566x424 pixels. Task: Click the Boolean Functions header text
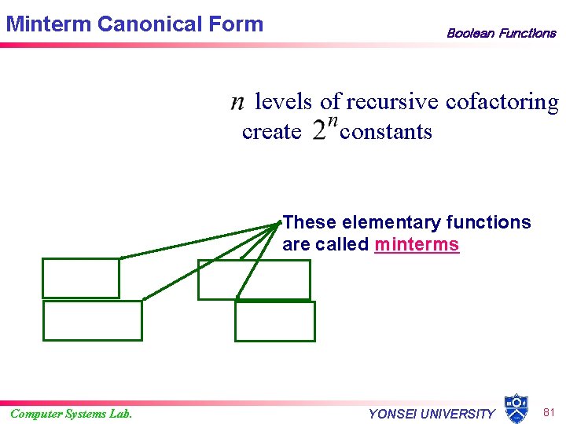tap(501, 33)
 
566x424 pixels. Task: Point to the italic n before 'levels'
tap(237, 102)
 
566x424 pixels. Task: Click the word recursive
tap(393, 102)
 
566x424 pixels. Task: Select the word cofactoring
tap(502, 102)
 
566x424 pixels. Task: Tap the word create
tap(271, 131)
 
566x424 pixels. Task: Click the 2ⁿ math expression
tap(325, 130)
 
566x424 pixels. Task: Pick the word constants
tap(386, 131)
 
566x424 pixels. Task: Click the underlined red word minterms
tap(417, 244)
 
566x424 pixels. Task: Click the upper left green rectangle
tap(81, 278)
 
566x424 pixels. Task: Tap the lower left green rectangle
tap(93, 320)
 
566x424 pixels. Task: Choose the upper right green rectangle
tap(254, 280)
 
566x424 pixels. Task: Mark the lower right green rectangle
tap(275, 321)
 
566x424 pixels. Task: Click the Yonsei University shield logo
tap(516, 408)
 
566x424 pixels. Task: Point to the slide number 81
tap(550, 411)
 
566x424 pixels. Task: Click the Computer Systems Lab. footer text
tap(72, 414)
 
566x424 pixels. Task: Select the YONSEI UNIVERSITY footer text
tap(432, 414)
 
